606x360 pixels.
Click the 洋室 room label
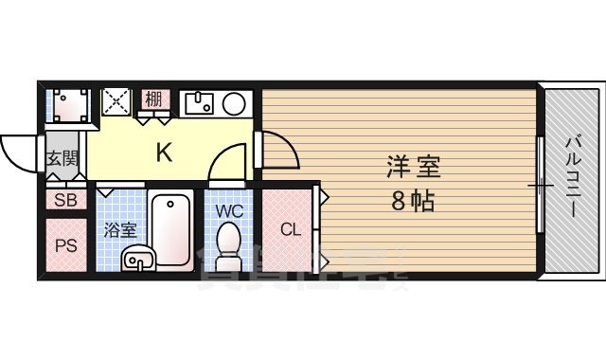click(x=414, y=168)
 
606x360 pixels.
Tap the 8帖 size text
click(x=414, y=201)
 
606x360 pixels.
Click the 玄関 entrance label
click(x=63, y=159)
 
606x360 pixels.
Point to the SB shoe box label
click(x=65, y=200)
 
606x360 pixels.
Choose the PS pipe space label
click(x=65, y=245)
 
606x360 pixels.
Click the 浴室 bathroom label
click(x=120, y=229)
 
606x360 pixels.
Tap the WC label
click(x=230, y=210)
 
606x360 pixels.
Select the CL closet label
click(x=289, y=228)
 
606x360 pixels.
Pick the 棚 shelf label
click(x=153, y=99)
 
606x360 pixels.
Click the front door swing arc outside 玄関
click(x=19, y=152)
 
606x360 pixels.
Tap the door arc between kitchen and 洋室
click(x=276, y=151)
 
